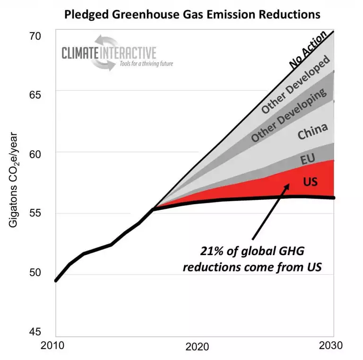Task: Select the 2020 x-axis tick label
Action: tap(197, 347)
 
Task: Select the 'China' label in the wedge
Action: tap(312, 134)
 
